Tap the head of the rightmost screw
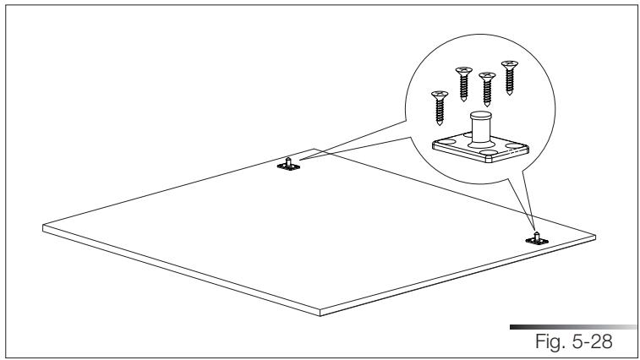509,64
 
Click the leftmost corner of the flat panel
43,226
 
